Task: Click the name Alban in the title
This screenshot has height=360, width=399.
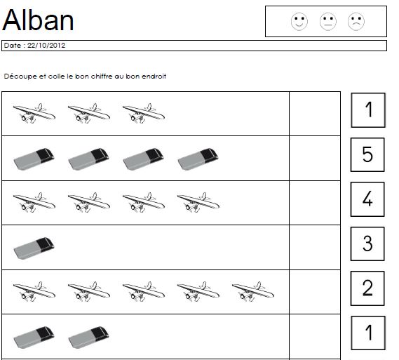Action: coord(38,20)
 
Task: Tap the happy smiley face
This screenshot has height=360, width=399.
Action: coord(299,21)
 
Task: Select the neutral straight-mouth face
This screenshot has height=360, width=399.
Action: coord(328,21)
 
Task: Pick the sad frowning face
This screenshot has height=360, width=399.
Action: coord(356,21)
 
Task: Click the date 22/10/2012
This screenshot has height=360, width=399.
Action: coord(46,46)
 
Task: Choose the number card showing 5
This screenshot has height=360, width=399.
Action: coord(367,154)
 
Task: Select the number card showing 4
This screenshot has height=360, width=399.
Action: coord(367,199)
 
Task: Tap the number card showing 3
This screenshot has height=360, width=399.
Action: coord(367,244)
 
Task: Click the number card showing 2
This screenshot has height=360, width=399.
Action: coord(367,288)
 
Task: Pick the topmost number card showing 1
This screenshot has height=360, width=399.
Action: coord(368,110)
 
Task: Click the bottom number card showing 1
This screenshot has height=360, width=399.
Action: coord(368,333)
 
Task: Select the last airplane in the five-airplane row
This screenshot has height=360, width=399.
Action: coord(253,292)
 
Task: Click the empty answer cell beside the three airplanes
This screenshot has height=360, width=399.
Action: coord(315,114)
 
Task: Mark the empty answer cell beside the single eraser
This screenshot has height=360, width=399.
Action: coord(315,248)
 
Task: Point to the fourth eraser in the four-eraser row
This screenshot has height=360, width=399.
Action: coord(198,159)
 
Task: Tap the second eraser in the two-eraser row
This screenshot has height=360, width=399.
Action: coord(88,338)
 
